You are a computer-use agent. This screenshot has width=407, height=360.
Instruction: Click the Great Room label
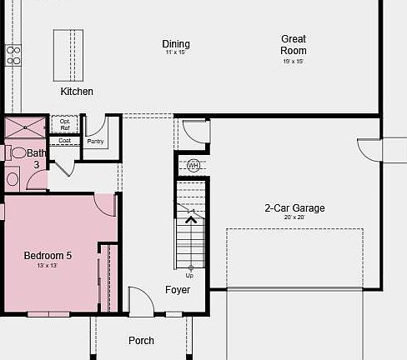tap(293, 44)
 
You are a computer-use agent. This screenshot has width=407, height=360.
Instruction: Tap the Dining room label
tap(176, 44)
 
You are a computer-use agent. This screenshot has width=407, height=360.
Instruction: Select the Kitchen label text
tap(77, 91)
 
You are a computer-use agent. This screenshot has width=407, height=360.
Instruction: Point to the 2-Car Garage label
tap(294, 208)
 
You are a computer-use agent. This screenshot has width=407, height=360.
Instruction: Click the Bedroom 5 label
tap(48, 255)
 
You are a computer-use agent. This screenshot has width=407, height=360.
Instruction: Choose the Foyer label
tap(177, 290)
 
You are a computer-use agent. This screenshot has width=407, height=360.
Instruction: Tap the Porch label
tap(141, 340)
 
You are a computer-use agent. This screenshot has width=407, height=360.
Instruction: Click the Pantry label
tap(95, 142)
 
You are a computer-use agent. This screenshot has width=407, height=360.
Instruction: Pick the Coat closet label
tap(64, 141)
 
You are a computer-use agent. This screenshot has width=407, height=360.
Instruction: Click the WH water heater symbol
tap(193, 165)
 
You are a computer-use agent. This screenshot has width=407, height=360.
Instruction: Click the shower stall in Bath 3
tap(26, 129)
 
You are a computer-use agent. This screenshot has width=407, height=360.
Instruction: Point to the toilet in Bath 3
tap(18, 152)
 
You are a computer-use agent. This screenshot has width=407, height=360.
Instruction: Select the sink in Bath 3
tap(13, 178)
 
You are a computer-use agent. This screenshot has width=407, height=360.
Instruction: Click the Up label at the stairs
tap(189, 275)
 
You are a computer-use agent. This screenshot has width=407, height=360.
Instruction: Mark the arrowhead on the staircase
tap(191, 219)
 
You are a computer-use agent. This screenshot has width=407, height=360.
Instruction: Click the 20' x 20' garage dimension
tap(294, 217)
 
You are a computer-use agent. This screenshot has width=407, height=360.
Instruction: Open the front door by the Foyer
tap(141, 302)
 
